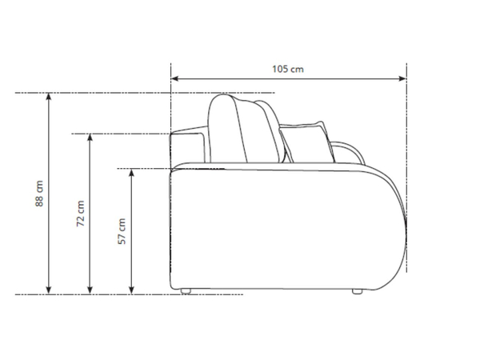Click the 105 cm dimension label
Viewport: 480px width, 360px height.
click(x=288, y=69)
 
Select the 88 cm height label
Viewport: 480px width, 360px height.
click(x=39, y=194)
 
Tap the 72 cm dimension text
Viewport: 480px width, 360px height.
click(x=81, y=214)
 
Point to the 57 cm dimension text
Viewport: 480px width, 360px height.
click(x=122, y=231)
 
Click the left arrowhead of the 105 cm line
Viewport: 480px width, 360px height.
click(x=175, y=78)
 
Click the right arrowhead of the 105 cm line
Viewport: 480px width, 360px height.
click(x=402, y=78)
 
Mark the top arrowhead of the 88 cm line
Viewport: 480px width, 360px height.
click(x=48, y=97)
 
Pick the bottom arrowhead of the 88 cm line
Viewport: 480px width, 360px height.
click(x=48, y=290)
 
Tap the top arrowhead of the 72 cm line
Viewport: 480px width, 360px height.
click(x=90, y=138)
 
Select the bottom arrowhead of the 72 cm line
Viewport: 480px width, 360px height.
click(x=90, y=290)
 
